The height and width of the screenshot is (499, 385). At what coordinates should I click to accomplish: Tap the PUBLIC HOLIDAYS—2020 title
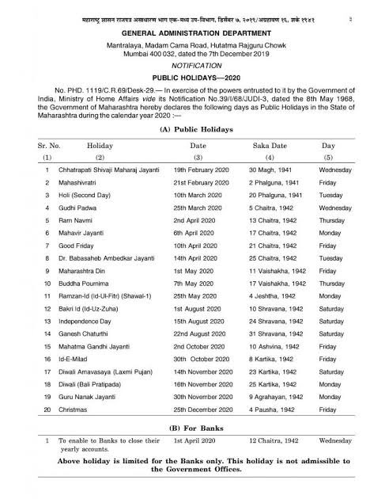click(x=192, y=78)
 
